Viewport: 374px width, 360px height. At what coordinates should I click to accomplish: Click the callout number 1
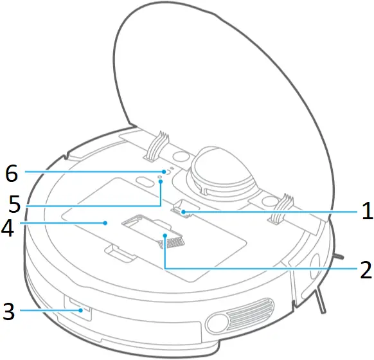[366, 210]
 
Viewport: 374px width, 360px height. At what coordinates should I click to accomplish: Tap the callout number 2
[366, 267]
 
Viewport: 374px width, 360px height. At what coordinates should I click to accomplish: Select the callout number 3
[8, 312]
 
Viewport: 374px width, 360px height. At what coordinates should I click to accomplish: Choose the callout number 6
[11, 173]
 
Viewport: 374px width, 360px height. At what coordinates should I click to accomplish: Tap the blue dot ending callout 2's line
[166, 236]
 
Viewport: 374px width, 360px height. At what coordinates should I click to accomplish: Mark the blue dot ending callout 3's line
[81, 310]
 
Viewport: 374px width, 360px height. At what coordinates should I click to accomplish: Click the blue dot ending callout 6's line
[165, 172]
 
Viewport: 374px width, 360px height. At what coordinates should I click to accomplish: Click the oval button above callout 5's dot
[144, 182]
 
